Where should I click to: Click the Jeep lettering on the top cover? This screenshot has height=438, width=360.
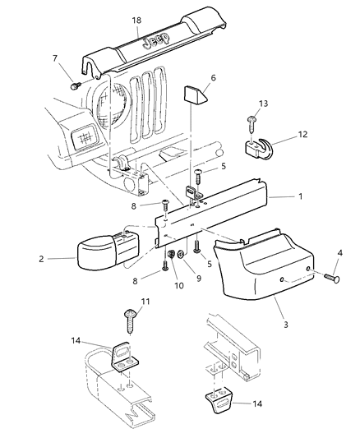coord(155,43)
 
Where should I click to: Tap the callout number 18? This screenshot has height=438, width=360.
coord(136,17)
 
